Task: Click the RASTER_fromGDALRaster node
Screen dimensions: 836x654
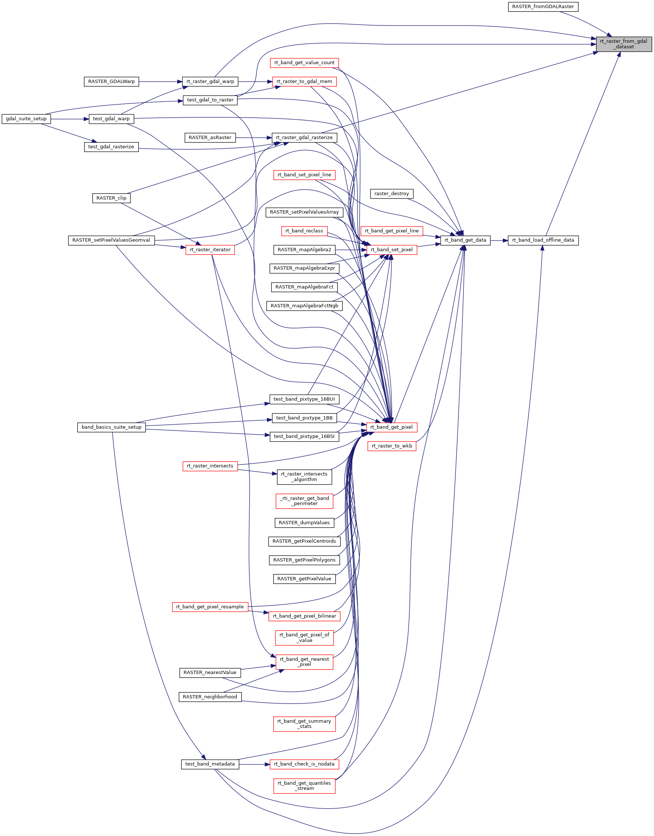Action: (542, 7)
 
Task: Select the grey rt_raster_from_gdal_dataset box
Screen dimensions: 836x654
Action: (623, 44)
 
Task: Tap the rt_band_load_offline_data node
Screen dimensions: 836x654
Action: (542, 241)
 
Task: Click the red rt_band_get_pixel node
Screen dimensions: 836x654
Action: (391, 427)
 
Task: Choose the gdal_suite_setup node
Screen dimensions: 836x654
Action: (26, 119)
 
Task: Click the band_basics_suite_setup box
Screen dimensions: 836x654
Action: (111, 427)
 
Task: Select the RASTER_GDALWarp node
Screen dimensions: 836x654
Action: (111, 82)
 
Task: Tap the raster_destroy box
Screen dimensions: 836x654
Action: (391, 194)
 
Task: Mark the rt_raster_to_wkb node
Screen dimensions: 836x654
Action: (391, 446)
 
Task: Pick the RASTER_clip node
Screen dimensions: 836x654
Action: (111, 198)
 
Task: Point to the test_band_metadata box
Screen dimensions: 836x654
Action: (210, 764)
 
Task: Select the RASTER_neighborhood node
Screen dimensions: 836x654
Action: (210, 697)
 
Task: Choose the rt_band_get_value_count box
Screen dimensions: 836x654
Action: (304, 63)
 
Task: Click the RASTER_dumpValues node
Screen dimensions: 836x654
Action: (304, 523)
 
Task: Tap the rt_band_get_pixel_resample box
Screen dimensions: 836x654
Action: (210, 607)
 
